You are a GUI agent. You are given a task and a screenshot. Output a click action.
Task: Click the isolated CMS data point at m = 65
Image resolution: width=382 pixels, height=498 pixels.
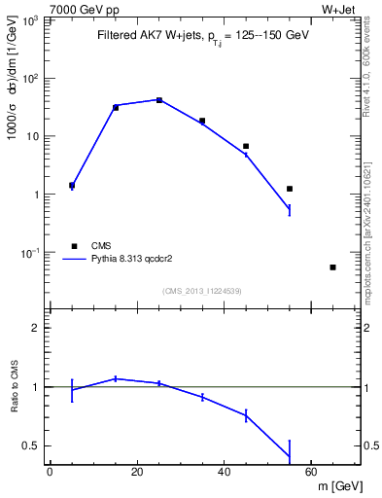click(332, 267)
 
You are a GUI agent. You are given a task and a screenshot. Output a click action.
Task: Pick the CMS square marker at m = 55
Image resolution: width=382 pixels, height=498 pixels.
click(290, 189)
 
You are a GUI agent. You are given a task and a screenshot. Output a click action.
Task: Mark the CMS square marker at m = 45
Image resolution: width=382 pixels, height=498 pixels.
click(246, 146)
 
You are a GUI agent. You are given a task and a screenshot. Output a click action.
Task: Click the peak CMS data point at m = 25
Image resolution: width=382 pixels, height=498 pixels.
click(159, 100)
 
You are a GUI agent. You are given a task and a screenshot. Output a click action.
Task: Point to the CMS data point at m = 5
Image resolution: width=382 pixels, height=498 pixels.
click(72, 185)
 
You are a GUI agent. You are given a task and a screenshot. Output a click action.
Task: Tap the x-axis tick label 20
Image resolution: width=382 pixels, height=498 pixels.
click(137, 472)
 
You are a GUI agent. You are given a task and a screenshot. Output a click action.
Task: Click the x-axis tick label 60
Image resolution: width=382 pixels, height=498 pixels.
click(311, 472)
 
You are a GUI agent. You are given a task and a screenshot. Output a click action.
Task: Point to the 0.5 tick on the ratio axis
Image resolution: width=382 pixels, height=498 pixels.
click(36, 445)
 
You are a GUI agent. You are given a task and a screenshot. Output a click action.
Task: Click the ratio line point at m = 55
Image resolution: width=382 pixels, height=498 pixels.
click(290, 456)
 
